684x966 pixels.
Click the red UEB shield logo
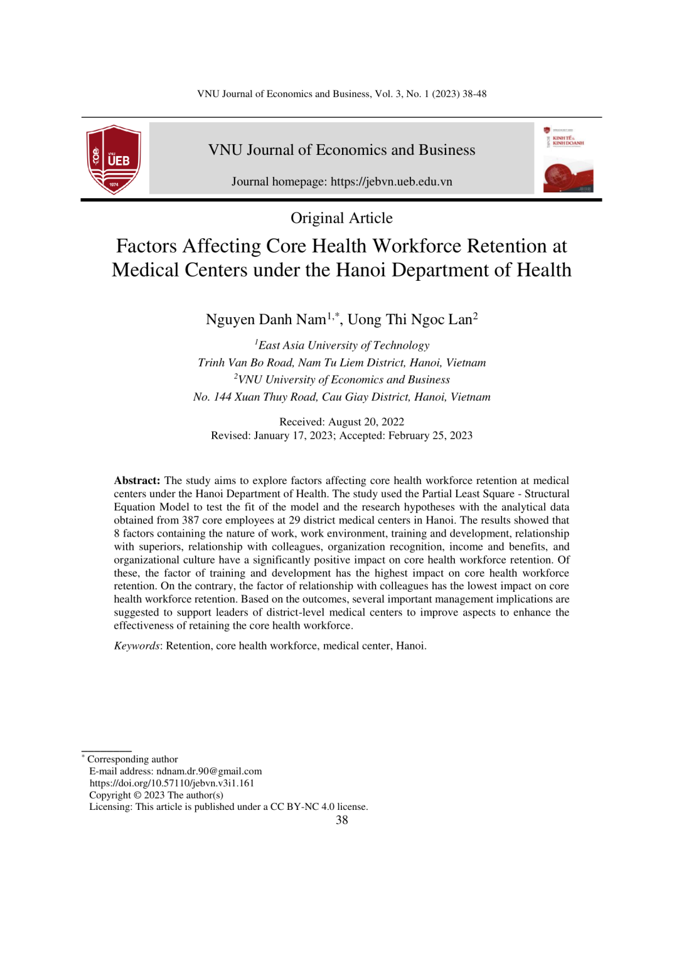pyautogui.click(x=114, y=159)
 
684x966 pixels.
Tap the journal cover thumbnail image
pyautogui.click(x=568, y=159)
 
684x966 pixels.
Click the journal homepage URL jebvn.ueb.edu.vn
pyautogui.click(x=391, y=182)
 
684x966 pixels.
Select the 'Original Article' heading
pyautogui.click(x=341, y=218)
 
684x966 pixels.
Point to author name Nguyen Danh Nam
pyautogui.click(x=266, y=320)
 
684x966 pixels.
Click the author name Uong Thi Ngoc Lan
pyautogui.click(x=410, y=320)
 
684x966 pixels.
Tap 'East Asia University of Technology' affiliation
pyautogui.click(x=344, y=345)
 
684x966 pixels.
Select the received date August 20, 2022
pyautogui.click(x=366, y=422)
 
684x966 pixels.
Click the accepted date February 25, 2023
pyautogui.click(x=430, y=436)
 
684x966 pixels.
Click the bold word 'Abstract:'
pyautogui.click(x=137, y=481)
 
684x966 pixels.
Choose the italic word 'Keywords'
pyautogui.click(x=137, y=646)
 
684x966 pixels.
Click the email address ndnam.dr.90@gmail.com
pyautogui.click(x=209, y=771)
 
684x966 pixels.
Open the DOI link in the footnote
pyautogui.click(x=172, y=783)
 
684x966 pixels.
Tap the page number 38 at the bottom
pyautogui.click(x=341, y=820)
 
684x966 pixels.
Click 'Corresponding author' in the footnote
pyautogui.click(x=132, y=759)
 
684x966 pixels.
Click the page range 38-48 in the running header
pyautogui.click(x=474, y=94)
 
